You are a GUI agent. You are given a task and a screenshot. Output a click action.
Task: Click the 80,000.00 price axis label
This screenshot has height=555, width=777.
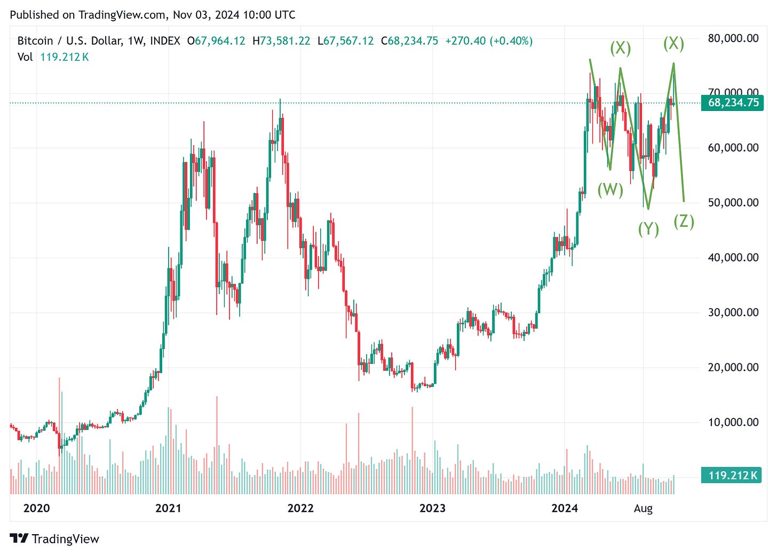[733, 38]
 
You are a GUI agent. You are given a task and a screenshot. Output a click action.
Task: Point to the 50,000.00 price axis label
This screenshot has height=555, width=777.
[733, 202]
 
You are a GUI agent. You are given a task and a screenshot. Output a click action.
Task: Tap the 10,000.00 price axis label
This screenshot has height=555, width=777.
[733, 422]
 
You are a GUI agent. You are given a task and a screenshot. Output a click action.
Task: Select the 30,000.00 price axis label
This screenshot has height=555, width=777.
[733, 312]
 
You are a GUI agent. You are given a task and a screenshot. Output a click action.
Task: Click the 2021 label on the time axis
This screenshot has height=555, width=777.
[168, 508]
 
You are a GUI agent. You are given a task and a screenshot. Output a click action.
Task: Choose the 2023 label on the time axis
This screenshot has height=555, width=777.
[432, 508]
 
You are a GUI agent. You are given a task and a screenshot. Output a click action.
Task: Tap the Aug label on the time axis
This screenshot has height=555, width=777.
[643, 508]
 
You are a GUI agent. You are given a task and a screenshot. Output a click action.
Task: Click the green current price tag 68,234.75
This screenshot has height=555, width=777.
[733, 102]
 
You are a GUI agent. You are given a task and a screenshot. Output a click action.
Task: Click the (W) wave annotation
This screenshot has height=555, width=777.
[610, 189]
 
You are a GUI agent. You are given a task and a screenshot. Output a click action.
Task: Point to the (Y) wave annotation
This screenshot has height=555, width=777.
[648, 229]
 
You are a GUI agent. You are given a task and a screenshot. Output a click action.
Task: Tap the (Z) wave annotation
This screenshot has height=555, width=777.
[684, 221]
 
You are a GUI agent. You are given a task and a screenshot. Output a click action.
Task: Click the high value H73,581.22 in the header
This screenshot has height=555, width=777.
[281, 41]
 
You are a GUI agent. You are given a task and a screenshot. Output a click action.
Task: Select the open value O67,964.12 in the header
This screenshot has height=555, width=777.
[216, 41]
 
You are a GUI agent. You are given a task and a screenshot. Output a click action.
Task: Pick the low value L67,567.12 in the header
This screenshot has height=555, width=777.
[346, 41]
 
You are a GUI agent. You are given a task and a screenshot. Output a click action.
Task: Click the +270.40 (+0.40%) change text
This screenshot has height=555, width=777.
[489, 41]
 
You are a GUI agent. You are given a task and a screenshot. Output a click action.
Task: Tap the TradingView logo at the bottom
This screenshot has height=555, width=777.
[55, 538]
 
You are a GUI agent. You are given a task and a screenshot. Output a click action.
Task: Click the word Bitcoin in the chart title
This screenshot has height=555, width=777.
[35, 41]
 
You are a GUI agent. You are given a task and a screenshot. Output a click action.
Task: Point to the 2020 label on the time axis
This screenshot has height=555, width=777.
[36, 508]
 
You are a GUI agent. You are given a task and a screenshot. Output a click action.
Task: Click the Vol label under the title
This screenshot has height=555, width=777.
[25, 57]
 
